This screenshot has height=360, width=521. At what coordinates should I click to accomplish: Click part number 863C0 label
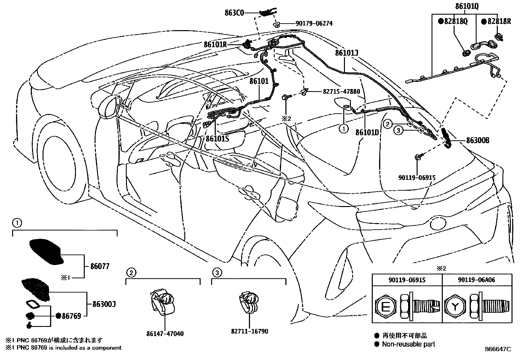tap(234, 13)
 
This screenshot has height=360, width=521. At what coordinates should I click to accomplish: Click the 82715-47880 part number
tap(337, 92)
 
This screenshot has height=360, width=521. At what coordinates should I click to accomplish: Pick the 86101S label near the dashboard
tap(217, 138)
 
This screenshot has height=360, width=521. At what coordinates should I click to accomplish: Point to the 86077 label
tap(100, 266)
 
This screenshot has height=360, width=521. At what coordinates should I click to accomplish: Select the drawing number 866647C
tap(497, 349)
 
